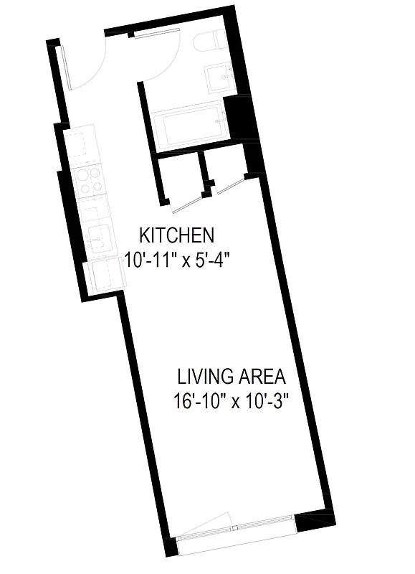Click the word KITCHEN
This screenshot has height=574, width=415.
(x=176, y=235)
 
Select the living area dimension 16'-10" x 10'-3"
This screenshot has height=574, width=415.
(x=230, y=401)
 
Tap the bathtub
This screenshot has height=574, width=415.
(x=189, y=127)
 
